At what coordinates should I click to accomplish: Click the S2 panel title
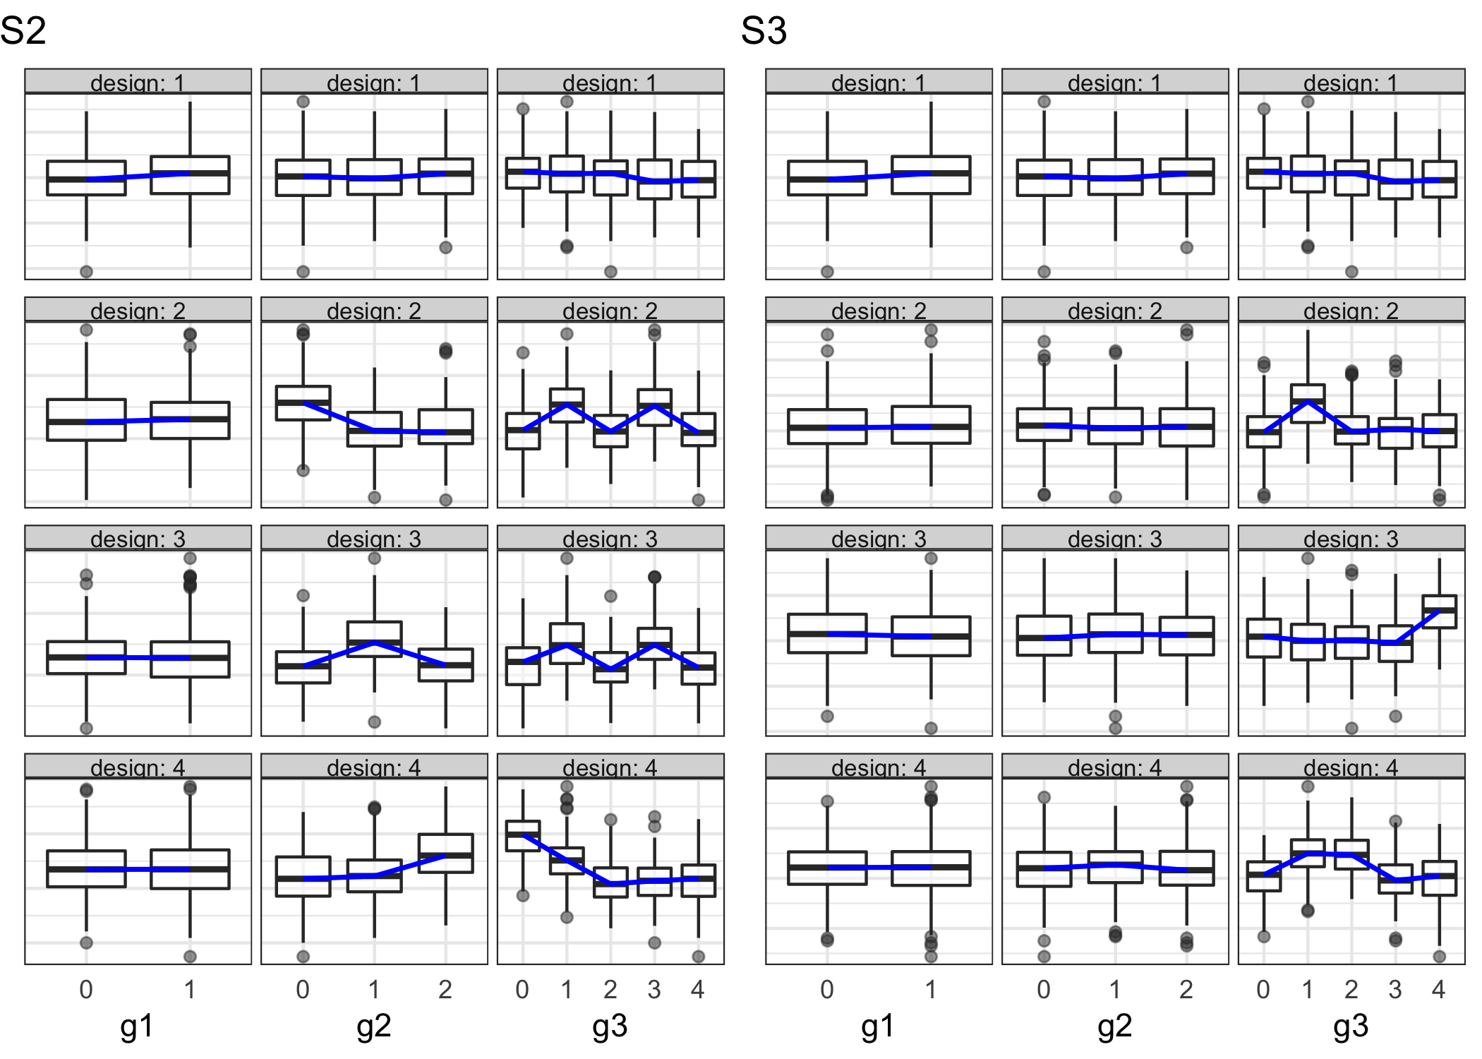23,31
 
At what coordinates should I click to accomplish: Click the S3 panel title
764,31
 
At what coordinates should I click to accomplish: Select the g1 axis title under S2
137,1026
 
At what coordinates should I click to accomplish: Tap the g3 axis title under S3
1351,1026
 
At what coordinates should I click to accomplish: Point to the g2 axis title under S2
373,1026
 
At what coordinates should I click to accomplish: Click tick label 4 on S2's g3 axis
698,990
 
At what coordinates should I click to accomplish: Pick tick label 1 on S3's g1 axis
931,990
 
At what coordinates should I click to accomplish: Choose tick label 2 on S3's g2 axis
1186,990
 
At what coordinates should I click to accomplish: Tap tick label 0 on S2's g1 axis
86,990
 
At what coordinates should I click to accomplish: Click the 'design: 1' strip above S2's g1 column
138,82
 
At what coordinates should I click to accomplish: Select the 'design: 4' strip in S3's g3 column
1351,767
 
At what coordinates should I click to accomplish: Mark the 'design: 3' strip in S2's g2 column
374,539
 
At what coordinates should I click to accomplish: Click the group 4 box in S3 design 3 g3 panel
1439,611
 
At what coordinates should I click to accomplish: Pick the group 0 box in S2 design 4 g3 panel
523,836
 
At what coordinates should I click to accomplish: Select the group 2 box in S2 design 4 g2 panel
445,854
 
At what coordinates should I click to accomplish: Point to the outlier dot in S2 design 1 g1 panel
86,272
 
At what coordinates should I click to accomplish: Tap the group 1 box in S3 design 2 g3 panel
1308,403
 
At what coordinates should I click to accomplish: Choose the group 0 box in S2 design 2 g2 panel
303,403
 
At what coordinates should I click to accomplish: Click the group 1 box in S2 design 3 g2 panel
374,639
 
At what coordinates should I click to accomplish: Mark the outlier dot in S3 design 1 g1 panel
827,272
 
